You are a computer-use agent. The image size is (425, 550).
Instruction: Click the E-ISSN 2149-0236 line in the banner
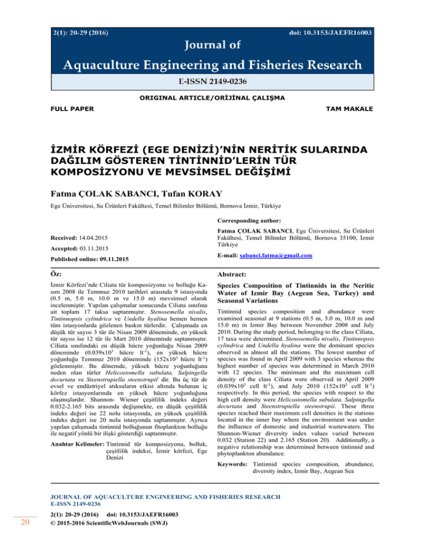tap(212, 81)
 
